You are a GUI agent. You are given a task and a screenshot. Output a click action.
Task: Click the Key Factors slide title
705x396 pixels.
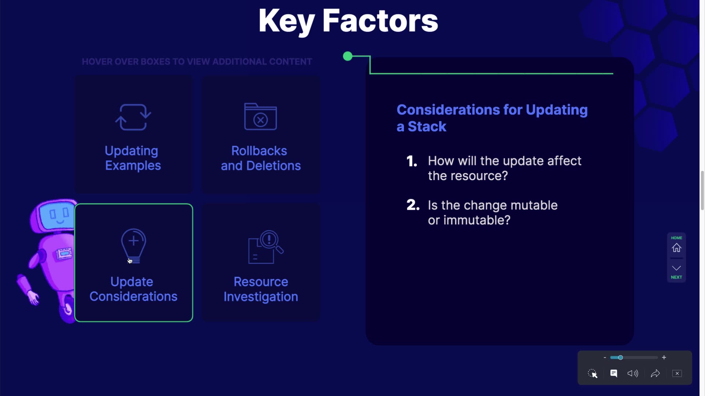(x=348, y=21)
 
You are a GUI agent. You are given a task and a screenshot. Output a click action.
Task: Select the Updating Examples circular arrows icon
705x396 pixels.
(x=133, y=117)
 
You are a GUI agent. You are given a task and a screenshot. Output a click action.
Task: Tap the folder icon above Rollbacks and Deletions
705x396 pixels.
(x=260, y=116)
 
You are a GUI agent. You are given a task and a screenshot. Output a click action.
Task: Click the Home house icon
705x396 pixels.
(x=676, y=248)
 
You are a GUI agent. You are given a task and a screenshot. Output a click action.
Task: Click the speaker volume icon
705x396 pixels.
(x=633, y=373)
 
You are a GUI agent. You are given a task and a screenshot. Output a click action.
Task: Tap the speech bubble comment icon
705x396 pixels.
(x=614, y=373)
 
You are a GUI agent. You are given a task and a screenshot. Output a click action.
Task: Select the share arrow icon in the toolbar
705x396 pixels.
(x=655, y=373)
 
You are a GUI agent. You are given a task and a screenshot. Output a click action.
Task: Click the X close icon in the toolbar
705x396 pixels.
(x=677, y=373)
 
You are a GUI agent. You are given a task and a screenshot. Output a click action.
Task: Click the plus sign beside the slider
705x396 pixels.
(x=664, y=357)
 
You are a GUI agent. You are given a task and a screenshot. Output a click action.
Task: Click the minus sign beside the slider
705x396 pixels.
(x=605, y=357)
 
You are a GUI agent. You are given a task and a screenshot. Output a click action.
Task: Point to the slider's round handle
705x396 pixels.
(x=620, y=357)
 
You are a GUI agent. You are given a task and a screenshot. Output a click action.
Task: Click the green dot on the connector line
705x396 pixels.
(x=348, y=56)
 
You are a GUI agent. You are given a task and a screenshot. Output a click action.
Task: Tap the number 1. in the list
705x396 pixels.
(x=412, y=161)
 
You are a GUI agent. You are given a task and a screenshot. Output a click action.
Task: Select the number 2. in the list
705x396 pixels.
(x=413, y=205)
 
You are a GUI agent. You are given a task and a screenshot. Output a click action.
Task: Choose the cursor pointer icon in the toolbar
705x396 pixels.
(x=593, y=373)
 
